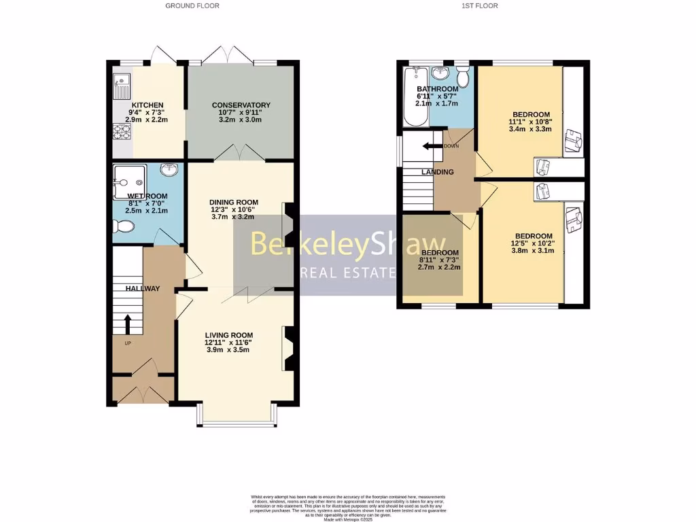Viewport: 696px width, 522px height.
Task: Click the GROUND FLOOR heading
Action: pos(192,5)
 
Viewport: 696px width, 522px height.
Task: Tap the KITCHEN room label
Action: pos(148,105)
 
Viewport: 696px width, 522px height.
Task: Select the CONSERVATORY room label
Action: pos(241,105)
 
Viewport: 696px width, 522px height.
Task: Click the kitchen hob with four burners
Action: pos(122,130)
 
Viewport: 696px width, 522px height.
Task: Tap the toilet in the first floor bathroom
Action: pos(463,77)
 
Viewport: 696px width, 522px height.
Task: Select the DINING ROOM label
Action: pos(234,202)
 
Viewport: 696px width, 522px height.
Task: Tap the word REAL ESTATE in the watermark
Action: pos(349,273)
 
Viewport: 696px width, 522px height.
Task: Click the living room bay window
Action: pos(237,423)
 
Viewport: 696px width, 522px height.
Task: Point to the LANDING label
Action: pos(437,172)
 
